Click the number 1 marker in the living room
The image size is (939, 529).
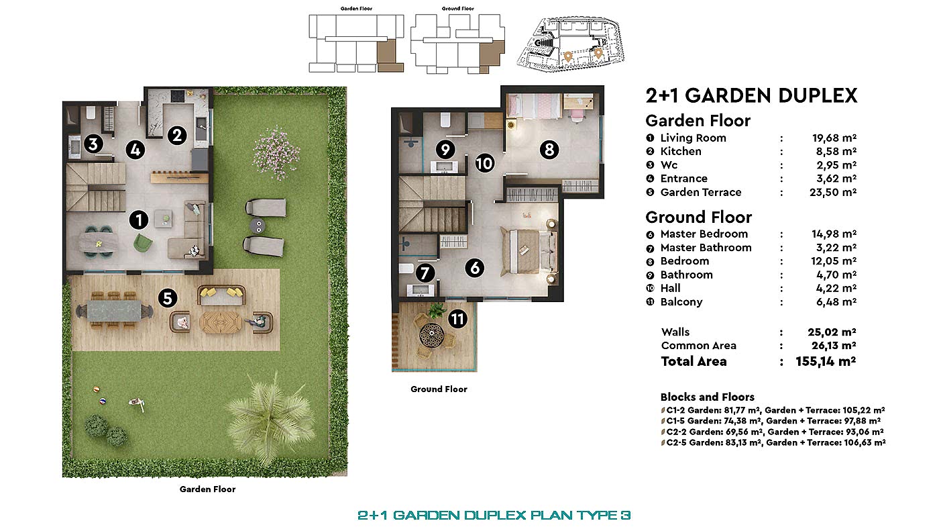138,219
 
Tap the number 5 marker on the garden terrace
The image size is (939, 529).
167,297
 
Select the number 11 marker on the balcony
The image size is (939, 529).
457,319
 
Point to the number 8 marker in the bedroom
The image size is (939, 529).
549,149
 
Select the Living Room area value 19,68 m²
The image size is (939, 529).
834,138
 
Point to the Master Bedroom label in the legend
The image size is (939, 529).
704,234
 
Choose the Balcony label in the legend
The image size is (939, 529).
681,302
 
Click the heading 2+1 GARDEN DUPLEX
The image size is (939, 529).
751,95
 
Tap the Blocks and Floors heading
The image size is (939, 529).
707,397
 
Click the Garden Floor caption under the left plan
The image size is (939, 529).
207,489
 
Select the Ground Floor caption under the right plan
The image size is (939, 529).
439,389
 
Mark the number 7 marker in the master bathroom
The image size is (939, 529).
424,273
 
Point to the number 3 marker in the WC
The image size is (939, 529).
94,144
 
